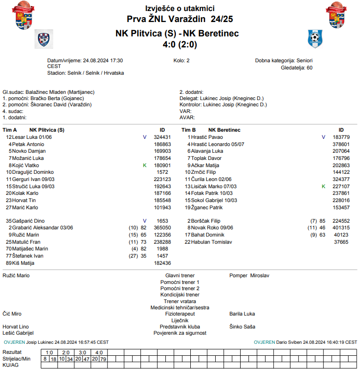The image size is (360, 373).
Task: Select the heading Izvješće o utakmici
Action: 180,8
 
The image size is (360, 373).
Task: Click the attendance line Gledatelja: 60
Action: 296,68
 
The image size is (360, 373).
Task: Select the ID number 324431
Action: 162,137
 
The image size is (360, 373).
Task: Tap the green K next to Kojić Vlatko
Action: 144,165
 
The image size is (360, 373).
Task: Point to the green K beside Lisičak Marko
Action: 323,186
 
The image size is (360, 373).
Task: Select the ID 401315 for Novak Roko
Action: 341,228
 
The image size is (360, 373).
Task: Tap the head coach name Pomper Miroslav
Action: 249,276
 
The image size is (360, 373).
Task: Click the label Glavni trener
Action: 180,276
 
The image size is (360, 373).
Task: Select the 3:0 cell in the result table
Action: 82,352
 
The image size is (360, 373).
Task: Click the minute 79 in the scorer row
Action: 103,359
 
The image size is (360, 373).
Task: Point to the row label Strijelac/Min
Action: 16,359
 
